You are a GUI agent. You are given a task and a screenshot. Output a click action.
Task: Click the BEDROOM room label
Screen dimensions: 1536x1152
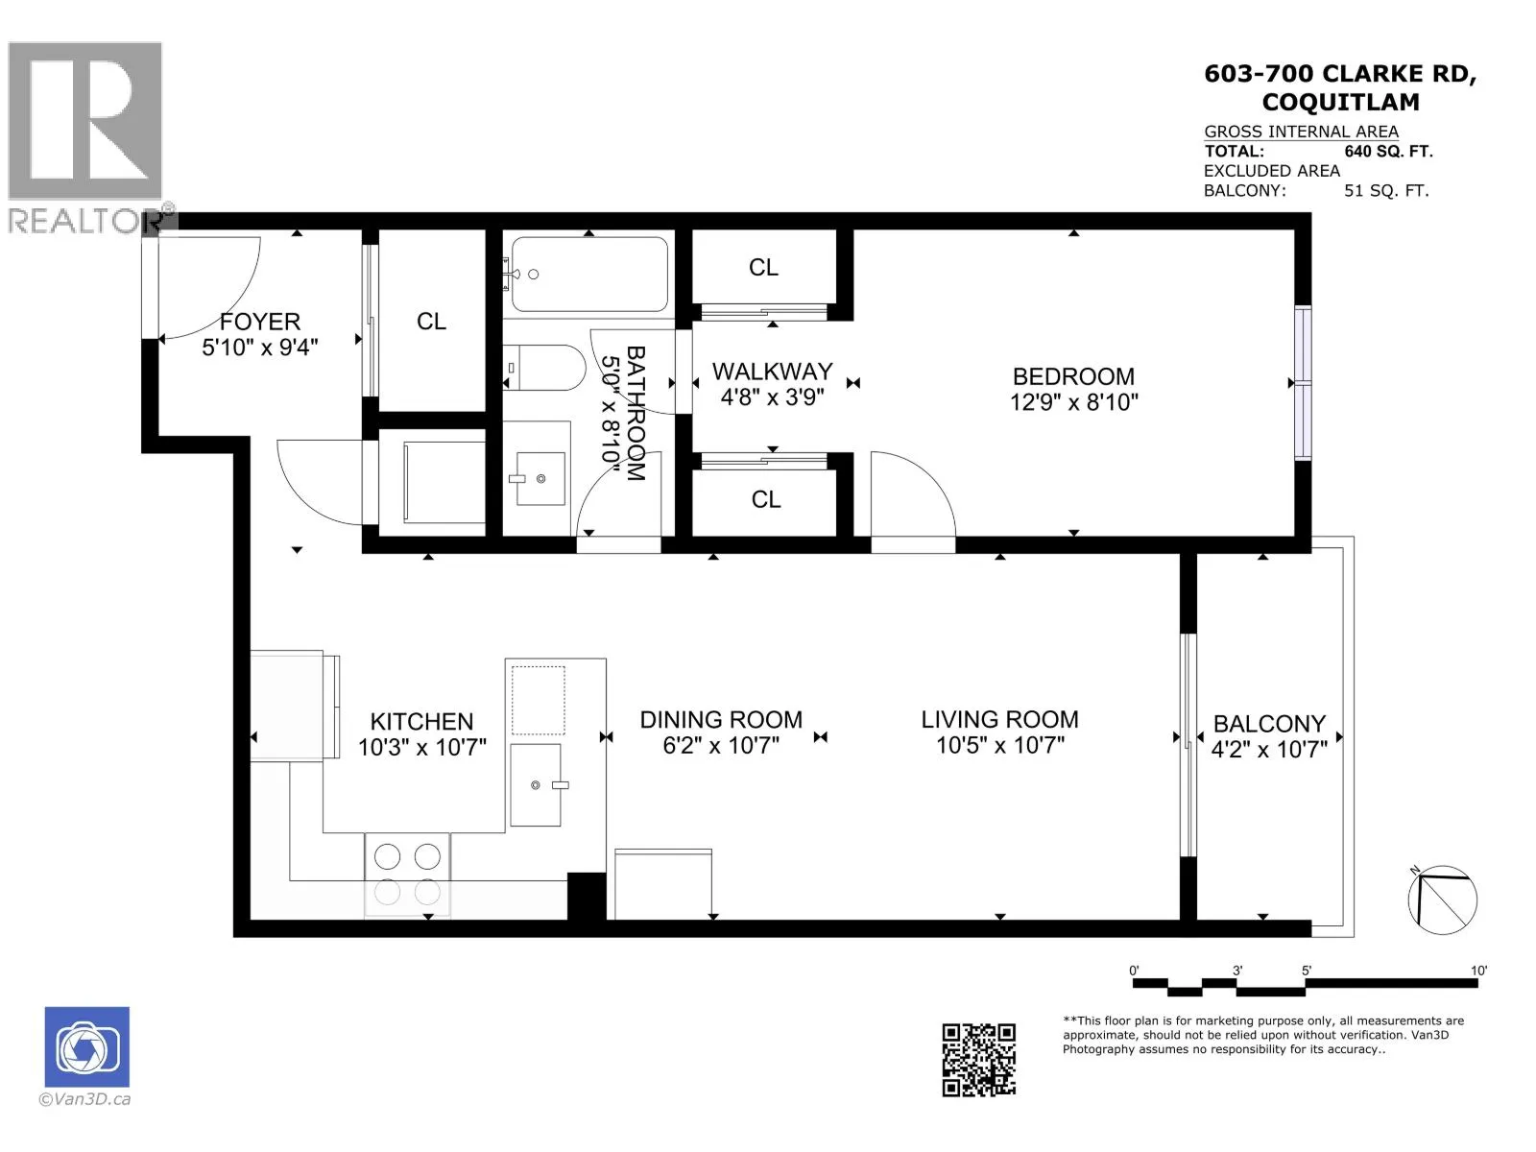1072,377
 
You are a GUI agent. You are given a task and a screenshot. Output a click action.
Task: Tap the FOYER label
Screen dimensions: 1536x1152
259,322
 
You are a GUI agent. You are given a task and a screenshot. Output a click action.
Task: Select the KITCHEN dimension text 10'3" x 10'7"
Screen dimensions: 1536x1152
422,748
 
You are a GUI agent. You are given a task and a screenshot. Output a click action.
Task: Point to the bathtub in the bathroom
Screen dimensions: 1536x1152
589,275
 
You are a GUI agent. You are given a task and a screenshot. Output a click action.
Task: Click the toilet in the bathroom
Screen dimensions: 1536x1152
544,368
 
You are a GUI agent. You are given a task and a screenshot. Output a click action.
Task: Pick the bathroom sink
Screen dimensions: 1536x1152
540,478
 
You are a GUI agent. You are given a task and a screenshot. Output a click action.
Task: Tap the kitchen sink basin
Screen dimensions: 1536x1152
536,784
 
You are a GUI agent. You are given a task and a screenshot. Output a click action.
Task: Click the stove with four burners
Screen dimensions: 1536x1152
407,875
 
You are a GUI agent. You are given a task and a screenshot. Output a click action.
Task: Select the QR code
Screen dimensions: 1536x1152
978,1060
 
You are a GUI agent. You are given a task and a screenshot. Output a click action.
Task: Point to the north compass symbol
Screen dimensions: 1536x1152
1442,900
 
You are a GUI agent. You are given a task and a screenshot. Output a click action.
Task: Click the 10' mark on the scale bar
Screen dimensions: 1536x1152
1477,971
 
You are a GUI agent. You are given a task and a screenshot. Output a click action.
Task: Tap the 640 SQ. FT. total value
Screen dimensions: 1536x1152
1388,151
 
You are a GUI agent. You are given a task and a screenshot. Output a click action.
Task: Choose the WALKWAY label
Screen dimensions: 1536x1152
773,372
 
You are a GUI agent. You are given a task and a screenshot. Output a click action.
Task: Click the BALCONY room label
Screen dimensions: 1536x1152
1269,724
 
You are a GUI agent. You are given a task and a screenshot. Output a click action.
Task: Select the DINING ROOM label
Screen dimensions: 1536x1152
721,720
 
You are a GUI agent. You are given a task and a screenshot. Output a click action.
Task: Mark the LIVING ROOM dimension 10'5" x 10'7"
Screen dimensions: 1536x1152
1000,746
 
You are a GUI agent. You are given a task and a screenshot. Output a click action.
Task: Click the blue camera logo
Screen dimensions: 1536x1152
87,1047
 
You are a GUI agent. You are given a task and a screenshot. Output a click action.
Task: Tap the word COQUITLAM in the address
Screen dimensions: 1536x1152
1341,102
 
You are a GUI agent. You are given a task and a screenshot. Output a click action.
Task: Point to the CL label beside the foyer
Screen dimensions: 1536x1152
431,322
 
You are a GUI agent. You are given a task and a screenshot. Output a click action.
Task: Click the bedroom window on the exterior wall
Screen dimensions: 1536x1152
1303,383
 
